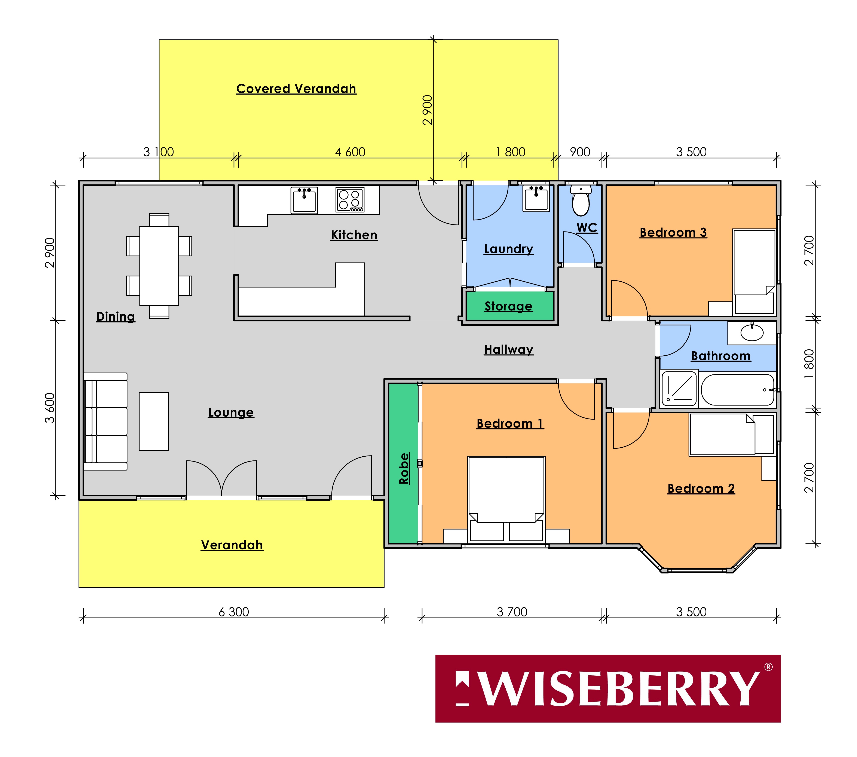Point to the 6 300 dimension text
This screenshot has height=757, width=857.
pos(233,612)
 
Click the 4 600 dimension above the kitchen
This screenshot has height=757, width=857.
pos(350,152)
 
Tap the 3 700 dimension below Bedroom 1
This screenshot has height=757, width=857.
pos(512,612)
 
